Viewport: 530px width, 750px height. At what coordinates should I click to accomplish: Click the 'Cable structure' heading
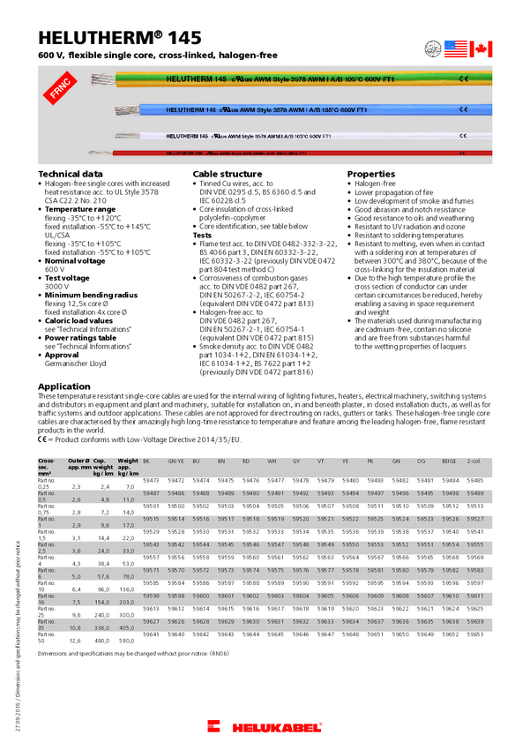tap(228, 175)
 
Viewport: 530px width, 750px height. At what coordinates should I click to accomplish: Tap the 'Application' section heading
tap(64, 386)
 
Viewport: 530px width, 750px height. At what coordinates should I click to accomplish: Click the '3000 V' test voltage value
tap(56, 287)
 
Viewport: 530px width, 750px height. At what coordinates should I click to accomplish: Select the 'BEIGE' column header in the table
tap(449, 461)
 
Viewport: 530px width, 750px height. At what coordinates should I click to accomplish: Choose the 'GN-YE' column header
tap(176, 461)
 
